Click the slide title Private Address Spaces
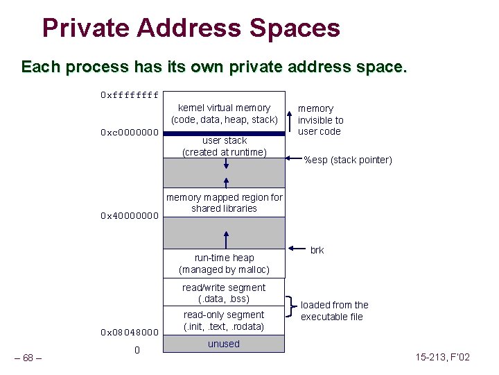pos(191,28)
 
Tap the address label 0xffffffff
pos(130,94)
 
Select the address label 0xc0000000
pos(130,133)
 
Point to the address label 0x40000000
pos(130,216)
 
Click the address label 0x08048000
pos(130,332)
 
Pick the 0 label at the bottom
pos(137,350)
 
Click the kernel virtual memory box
pos(224,113)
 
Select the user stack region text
pos(224,146)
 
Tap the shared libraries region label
pos(224,203)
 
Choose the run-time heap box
pos(224,263)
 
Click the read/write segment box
pos(224,293)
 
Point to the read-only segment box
pos(224,320)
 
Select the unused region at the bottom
pos(224,344)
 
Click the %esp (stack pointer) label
pos(348,160)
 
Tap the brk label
pos(317,250)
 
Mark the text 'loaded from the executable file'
pos(334,310)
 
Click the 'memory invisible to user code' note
pos(320,119)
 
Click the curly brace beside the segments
pos(290,306)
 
